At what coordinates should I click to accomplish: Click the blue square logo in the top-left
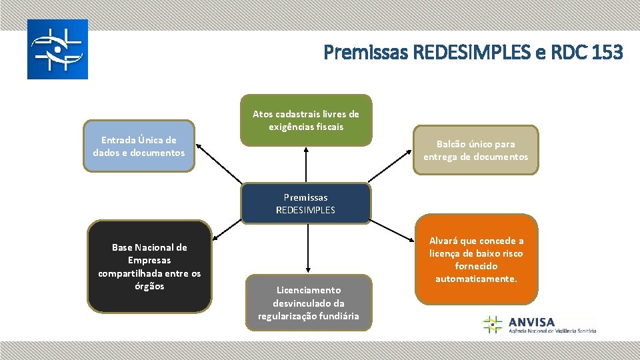point(57,49)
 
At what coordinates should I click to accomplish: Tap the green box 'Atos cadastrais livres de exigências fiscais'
point(306,120)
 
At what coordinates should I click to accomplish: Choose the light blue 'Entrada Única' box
point(139,146)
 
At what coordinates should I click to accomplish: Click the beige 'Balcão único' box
point(475,150)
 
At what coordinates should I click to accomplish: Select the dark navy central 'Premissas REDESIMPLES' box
point(305,203)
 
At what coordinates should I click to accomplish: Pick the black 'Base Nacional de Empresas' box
point(149,267)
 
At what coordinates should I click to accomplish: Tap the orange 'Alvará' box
point(476,259)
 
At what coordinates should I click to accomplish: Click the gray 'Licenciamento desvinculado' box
point(308,303)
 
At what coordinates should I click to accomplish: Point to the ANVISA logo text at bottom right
point(531,322)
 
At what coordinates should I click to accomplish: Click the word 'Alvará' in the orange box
point(446,241)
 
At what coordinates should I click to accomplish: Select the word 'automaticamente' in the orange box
point(476,279)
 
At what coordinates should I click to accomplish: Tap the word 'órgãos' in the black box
point(149,286)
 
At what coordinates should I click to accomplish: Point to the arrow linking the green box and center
point(306,164)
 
